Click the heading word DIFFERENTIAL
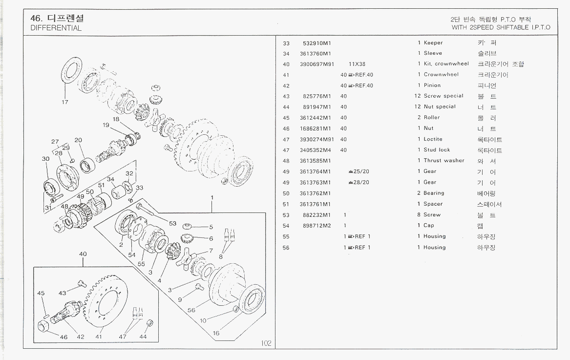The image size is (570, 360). tap(56, 28)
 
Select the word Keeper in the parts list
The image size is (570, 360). tap(433, 43)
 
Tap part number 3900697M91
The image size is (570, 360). tap(317, 64)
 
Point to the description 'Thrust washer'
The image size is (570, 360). tap(444, 161)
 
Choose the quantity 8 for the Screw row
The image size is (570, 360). tap(419, 215)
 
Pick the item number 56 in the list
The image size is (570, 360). tap(286, 248)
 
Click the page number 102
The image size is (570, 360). tap(266, 343)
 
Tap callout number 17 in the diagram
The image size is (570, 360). tap(65, 103)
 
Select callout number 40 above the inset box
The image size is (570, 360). tap(83, 254)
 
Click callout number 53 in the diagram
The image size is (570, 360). tap(172, 223)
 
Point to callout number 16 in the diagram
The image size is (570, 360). tap(216, 333)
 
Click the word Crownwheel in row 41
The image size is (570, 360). tap(441, 75)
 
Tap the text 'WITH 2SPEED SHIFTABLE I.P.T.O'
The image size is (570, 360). tap(501, 27)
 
